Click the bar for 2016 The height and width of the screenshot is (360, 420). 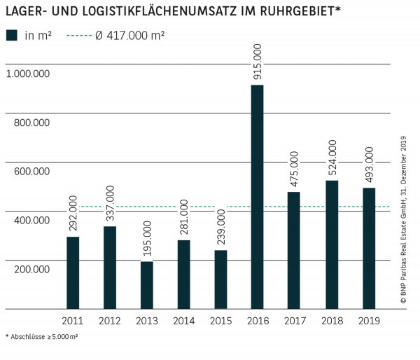(x=257, y=197)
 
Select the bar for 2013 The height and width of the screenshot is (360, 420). (x=146, y=285)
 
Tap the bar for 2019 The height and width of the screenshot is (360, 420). (x=369, y=248)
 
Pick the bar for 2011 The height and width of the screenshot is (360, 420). (x=73, y=272)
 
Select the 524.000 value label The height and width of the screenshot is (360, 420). (x=332, y=158)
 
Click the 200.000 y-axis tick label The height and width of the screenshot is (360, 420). (x=31, y=269)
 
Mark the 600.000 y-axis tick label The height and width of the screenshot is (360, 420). (x=31, y=171)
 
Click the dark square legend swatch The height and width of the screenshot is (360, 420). (x=12, y=35)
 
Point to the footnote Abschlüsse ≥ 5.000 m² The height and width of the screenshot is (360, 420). (x=41, y=336)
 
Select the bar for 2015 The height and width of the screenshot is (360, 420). (x=220, y=279)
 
